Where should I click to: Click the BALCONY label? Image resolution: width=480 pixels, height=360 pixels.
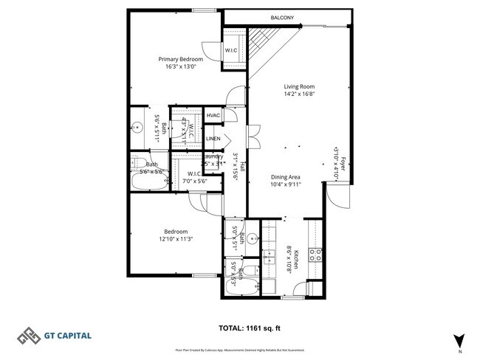click(x=282, y=18)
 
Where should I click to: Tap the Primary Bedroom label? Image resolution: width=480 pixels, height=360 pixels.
click(x=180, y=59)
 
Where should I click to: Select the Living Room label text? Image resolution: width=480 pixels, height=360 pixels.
click(x=299, y=86)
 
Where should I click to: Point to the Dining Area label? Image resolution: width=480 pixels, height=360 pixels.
click(x=285, y=177)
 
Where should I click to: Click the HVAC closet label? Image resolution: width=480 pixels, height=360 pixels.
click(x=213, y=116)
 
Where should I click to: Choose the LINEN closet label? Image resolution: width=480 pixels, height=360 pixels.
click(x=213, y=139)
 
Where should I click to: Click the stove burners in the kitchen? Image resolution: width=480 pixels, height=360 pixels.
click(x=315, y=255)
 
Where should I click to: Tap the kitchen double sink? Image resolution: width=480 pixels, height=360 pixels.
click(x=269, y=257)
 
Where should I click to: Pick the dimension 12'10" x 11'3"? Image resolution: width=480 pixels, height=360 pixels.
click(x=176, y=239)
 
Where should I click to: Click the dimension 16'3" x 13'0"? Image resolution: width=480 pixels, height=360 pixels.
click(x=180, y=67)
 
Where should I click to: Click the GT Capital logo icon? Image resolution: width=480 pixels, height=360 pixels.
click(x=30, y=335)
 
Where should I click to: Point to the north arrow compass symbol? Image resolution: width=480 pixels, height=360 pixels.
click(x=460, y=340)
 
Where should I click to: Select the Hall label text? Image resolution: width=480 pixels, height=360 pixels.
click(x=242, y=167)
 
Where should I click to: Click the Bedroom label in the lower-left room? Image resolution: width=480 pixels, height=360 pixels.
click(x=176, y=231)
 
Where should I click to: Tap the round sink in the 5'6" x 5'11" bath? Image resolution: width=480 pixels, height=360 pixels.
click(x=137, y=128)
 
